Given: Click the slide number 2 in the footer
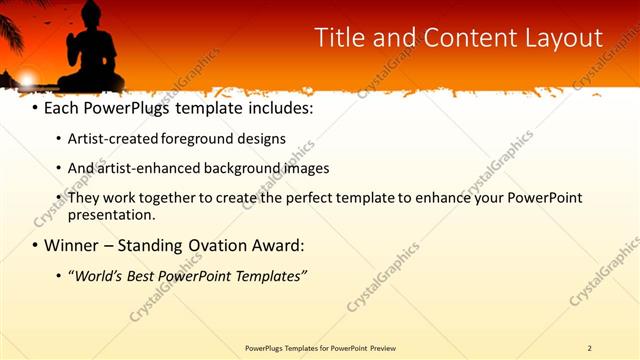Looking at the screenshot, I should pyautogui.click(x=589, y=348).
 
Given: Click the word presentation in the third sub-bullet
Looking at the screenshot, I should pyautogui.click(x=110, y=215).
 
